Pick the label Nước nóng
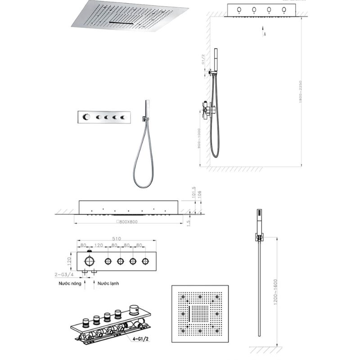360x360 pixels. point(70,284)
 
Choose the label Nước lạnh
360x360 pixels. point(108,284)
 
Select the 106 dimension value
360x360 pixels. point(200,194)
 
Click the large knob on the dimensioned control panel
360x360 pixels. point(89,261)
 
